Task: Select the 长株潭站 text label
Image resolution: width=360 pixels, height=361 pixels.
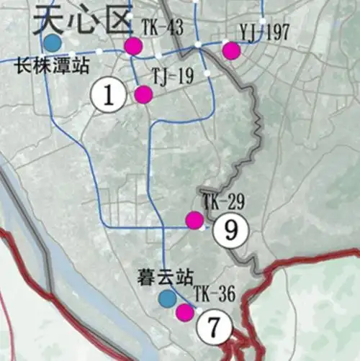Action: [x=51, y=69]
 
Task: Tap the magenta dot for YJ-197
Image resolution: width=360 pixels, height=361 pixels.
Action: [x=230, y=50]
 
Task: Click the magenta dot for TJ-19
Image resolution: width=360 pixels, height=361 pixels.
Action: [x=143, y=94]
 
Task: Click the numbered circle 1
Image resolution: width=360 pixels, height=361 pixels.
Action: [x=109, y=96]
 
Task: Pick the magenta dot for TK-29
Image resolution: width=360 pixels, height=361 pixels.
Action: [x=194, y=220]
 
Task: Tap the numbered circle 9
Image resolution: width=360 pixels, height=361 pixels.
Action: [x=230, y=230]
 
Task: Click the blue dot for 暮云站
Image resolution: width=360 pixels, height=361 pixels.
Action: [x=167, y=298]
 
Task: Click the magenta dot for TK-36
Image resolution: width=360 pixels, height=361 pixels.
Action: [x=185, y=311]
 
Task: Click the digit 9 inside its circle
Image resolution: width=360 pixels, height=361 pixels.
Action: [x=230, y=230]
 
